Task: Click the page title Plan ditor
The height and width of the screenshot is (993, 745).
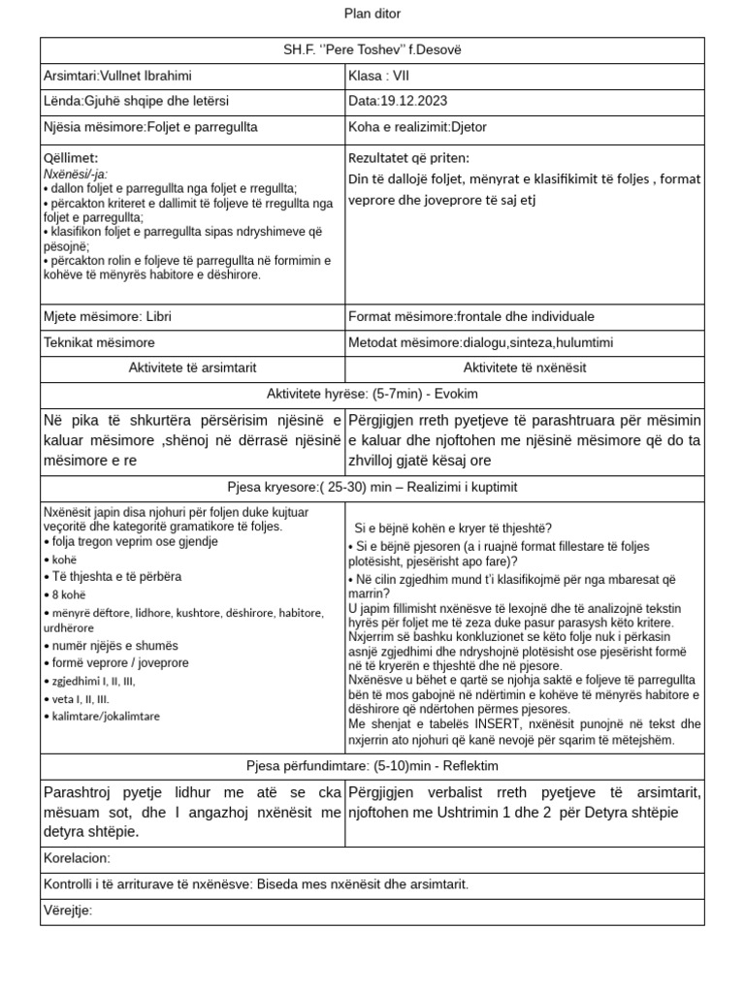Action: pyautogui.click(x=372, y=14)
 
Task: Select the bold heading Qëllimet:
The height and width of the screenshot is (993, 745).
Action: pyautogui.click(x=71, y=158)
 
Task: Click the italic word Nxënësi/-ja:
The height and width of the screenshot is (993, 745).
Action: pyautogui.click(x=76, y=174)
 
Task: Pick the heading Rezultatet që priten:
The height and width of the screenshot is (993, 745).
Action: pyautogui.click(x=407, y=158)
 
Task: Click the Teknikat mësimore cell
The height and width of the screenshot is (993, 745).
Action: pyautogui.click(x=99, y=342)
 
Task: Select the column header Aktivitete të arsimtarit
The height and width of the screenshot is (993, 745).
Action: pyautogui.click(x=192, y=368)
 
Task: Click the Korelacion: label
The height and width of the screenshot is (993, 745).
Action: pyautogui.click(x=78, y=858)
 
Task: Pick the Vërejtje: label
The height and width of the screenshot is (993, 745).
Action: pyautogui.click(x=68, y=911)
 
